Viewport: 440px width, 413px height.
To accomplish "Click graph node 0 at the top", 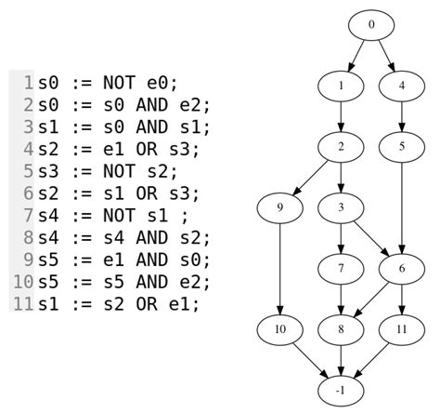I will pos(371,25).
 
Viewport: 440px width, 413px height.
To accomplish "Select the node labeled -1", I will pos(341,389).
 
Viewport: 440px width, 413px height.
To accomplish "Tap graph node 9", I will pos(279,206).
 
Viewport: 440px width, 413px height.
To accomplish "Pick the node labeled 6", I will pos(402,268).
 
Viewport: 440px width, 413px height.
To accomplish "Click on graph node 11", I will pos(402,328).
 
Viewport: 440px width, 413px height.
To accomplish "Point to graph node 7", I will pos(341,268).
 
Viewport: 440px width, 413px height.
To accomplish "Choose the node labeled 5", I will pos(402,146).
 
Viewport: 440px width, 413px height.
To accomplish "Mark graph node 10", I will pos(279,328).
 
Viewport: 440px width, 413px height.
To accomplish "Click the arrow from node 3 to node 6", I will pos(371,237).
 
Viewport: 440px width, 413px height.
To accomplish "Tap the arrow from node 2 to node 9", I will pos(311,176).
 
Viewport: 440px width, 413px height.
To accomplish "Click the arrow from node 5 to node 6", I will pos(402,206).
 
